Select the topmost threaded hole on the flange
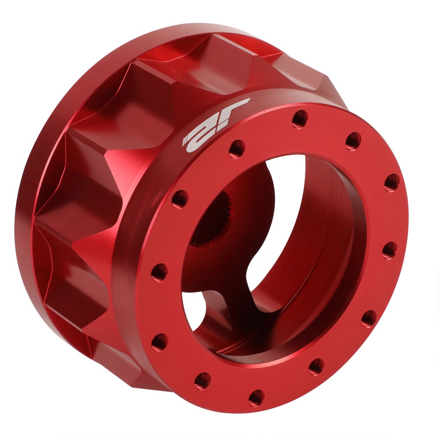coord(300,117)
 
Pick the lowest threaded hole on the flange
coord(257,397)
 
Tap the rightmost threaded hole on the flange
coord(391,182)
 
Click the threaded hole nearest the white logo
coord(237,147)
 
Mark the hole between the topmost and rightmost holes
coord(353,141)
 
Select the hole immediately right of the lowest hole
coord(316,366)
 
